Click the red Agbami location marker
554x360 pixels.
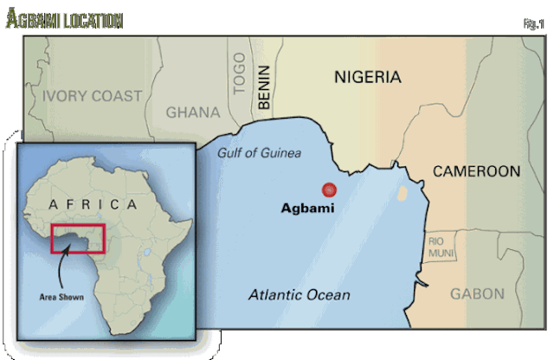(328, 190)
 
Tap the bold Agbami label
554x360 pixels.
(309, 209)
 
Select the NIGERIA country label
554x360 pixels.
(367, 78)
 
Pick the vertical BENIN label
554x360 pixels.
(264, 87)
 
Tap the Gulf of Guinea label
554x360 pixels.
(259, 153)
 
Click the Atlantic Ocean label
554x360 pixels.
(299, 295)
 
